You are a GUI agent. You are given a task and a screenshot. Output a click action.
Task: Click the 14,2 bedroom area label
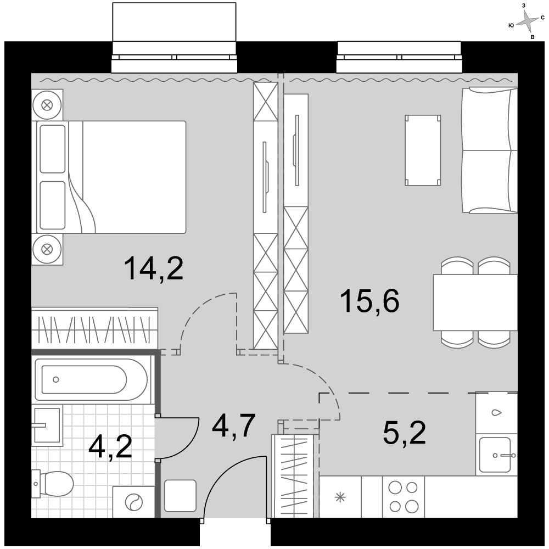pyautogui.click(x=154, y=268)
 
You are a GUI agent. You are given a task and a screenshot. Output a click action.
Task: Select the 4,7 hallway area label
pyautogui.click(x=234, y=426)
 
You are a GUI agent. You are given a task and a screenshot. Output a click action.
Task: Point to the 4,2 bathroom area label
pyautogui.click(x=110, y=447)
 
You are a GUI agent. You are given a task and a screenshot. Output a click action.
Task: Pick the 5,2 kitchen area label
pyautogui.click(x=405, y=433)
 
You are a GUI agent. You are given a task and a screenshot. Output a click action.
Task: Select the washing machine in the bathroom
pyautogui.click(x=133, y=502)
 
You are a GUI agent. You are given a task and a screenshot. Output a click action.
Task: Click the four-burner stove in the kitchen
pyautogui.click(x=404, y=496)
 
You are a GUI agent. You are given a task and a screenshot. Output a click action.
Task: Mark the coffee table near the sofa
pyautogui.click(x=423, y=150)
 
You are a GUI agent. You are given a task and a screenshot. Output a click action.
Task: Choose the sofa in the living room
pyautogui.click(x=490, y=150)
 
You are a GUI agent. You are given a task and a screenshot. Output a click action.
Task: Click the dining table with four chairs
pyautogui.click(x=475, y=302)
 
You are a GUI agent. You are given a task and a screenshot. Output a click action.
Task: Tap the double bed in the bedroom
pyautogui.click(x=111, y=177)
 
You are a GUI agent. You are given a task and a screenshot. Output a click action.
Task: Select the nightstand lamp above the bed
pyautogui.click(x=47, y=105)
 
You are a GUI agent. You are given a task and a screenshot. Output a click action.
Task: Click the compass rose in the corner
pyautogui.click(x=527, y=23)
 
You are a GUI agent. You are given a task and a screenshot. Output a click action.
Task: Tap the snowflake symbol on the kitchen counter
pyautogui.click(x=340, y=497)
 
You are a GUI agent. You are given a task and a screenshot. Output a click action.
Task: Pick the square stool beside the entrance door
pyautogui.click(x=180, y=496)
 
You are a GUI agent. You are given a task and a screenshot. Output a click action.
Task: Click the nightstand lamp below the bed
pyautogui.click(x=47, y=249)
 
